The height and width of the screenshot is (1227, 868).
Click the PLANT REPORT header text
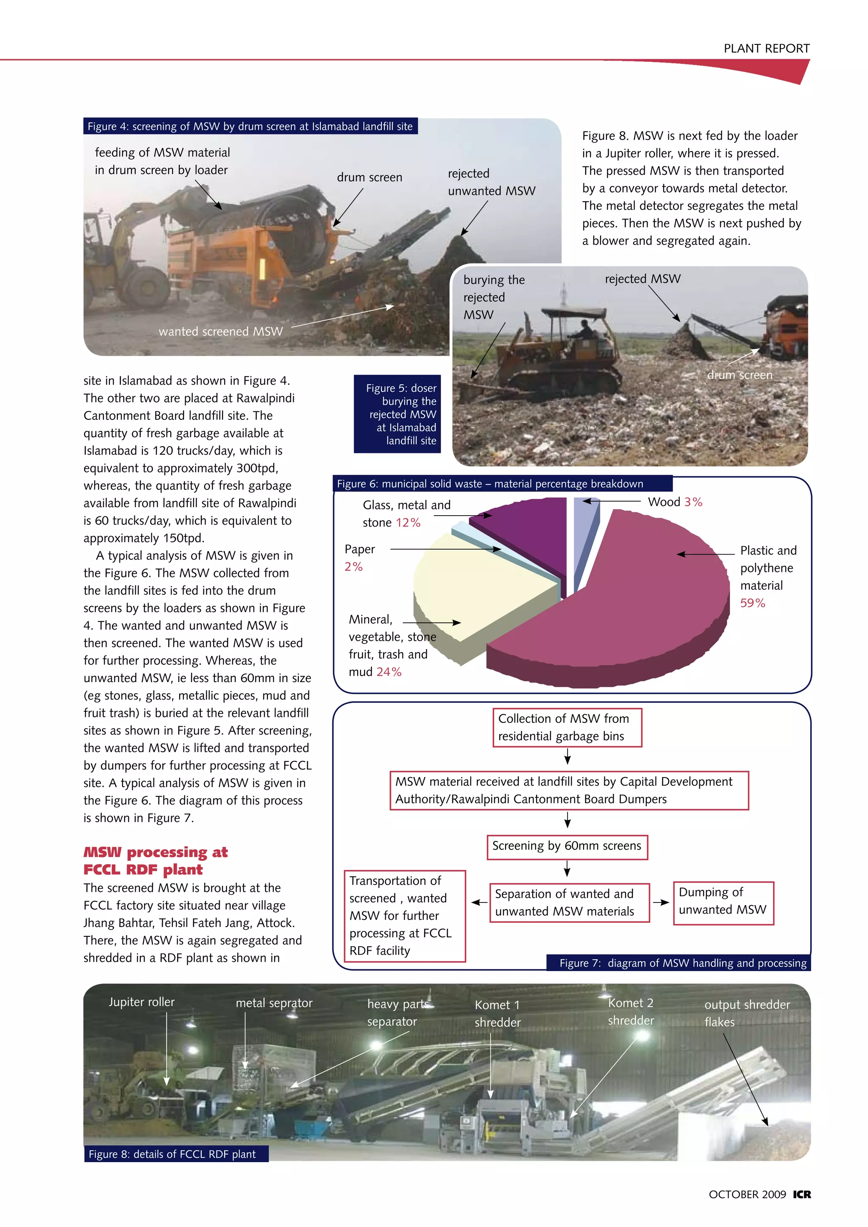coord(766,49)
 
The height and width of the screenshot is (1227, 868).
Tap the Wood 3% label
coord(674,502)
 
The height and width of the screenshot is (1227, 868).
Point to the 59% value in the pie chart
coord(752,603)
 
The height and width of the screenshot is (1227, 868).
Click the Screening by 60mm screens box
coord(567,846)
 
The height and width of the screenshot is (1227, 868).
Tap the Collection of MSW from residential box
coord(567,727)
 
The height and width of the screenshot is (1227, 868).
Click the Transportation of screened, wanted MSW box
coord(404,916)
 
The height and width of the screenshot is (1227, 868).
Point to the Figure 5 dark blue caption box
coord(397,414)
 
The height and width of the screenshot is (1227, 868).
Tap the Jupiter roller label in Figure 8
coord(142,1002)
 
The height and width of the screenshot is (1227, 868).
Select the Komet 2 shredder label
coord(631,1012)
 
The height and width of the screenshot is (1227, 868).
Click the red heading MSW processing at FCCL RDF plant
coord(156,861)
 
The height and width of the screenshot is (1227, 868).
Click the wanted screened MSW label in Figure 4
coord(220,331)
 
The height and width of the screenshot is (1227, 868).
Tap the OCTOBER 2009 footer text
coord(747,1194)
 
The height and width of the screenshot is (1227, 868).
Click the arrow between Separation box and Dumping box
coord(661,902)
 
